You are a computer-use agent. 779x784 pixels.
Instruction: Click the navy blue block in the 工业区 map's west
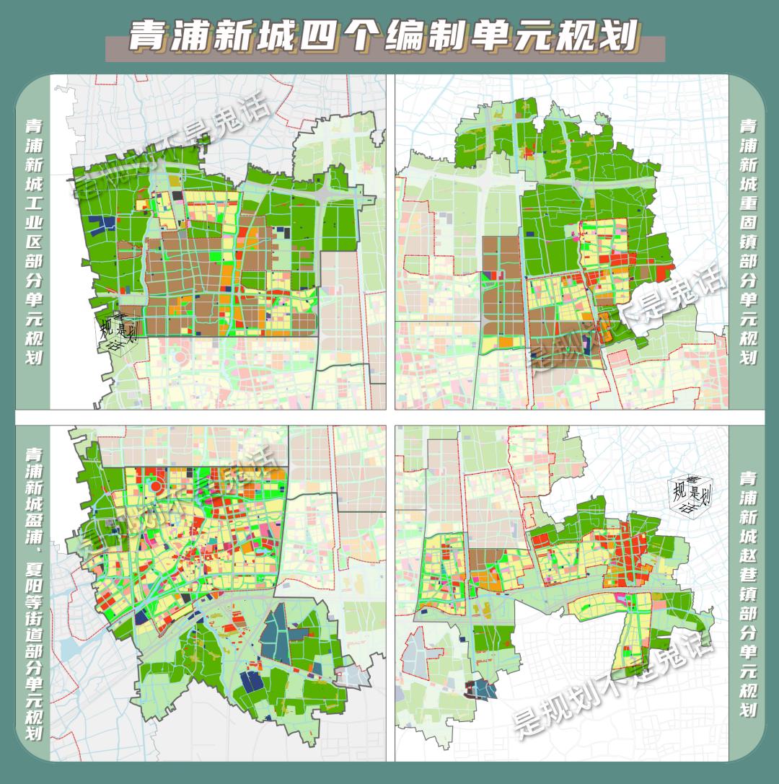point(105,224)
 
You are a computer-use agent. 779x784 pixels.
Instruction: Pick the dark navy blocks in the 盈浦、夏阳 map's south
point(251,681)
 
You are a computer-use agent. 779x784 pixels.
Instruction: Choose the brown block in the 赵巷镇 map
point(488,559)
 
